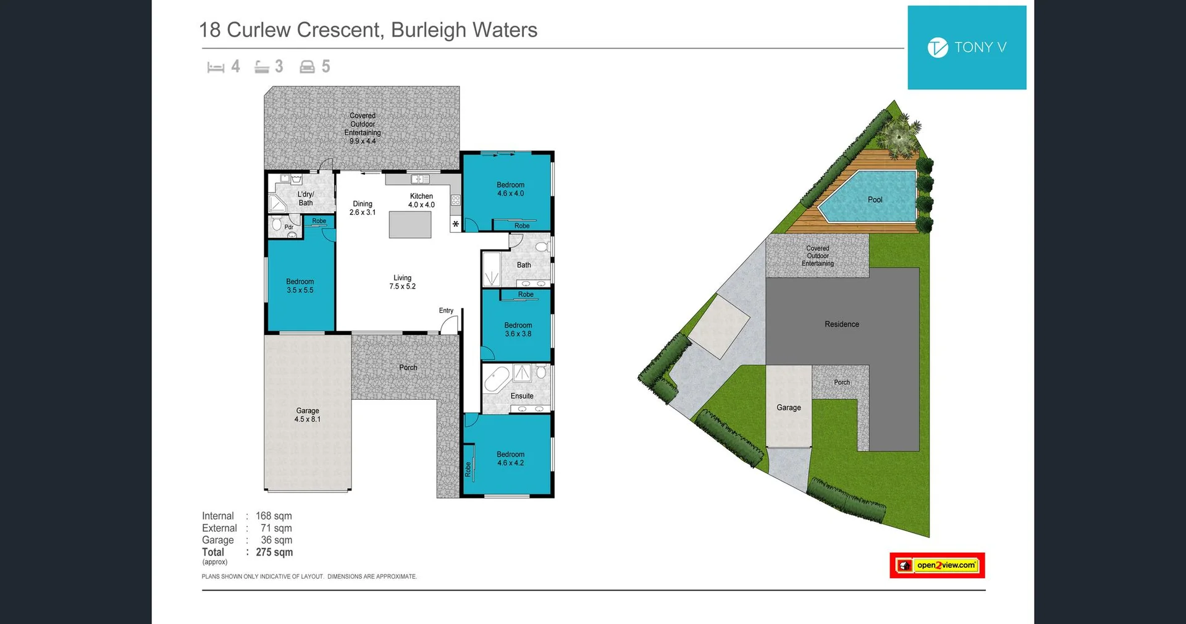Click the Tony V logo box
(967, 48)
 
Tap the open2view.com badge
(937, 565)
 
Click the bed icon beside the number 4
(216, 67)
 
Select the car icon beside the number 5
(307, 67)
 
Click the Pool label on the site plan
(875, 200)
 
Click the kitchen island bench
(410, 225)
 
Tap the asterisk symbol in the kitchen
(456, 224)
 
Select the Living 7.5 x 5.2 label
(402, 282)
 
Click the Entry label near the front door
(446, 311)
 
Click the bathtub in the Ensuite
(497, 379)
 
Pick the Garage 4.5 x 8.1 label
(308, 415)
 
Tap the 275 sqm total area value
(274, 552)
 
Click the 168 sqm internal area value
(274, 516)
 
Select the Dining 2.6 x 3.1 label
(363, 208)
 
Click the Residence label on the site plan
(841, 324)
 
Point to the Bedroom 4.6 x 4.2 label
(510, 458)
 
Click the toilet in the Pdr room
(277, 224)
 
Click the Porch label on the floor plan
(408, 368)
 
